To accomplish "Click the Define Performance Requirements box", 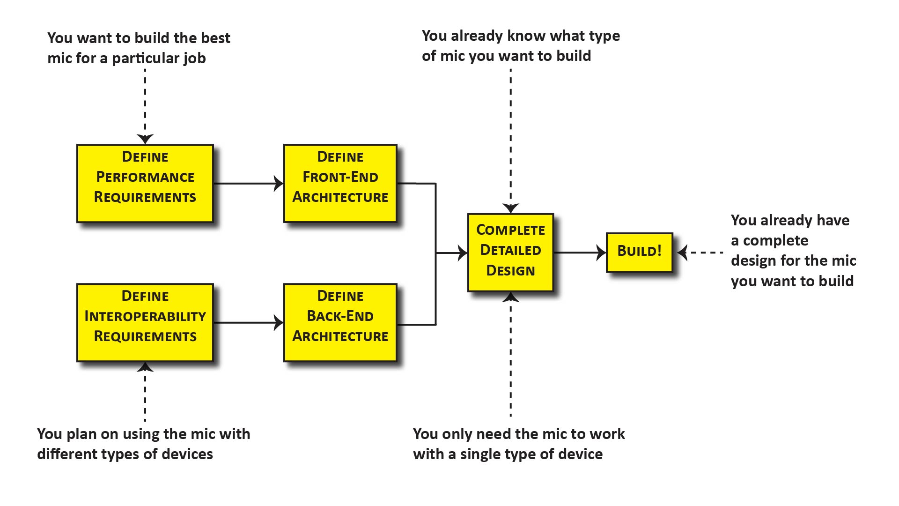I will click(x=145, y=183).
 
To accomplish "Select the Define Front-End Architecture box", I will click(x=340, y=183).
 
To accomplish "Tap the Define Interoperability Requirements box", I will click(x=145, y=322).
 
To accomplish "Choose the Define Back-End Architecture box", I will click(x=340, y=322).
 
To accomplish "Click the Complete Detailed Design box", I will click(x=510, y=253).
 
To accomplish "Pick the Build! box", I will click(x=640, y=253).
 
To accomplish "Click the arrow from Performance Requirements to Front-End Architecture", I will click(x=248, y=183).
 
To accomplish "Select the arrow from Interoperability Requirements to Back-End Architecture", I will click(x=248, y=322).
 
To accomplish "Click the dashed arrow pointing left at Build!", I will click(x=700, y=253).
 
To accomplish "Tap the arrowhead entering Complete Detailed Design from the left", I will click(x=463, y=253).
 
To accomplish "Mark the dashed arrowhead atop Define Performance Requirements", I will click(x=145, y=139).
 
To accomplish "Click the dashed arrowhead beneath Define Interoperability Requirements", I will click(x=145, y=367).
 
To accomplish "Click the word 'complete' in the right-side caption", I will click(x=775, y=240).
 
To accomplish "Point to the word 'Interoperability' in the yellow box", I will click(x=145, y=316).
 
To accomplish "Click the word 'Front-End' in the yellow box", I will click(x=340, y=177).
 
